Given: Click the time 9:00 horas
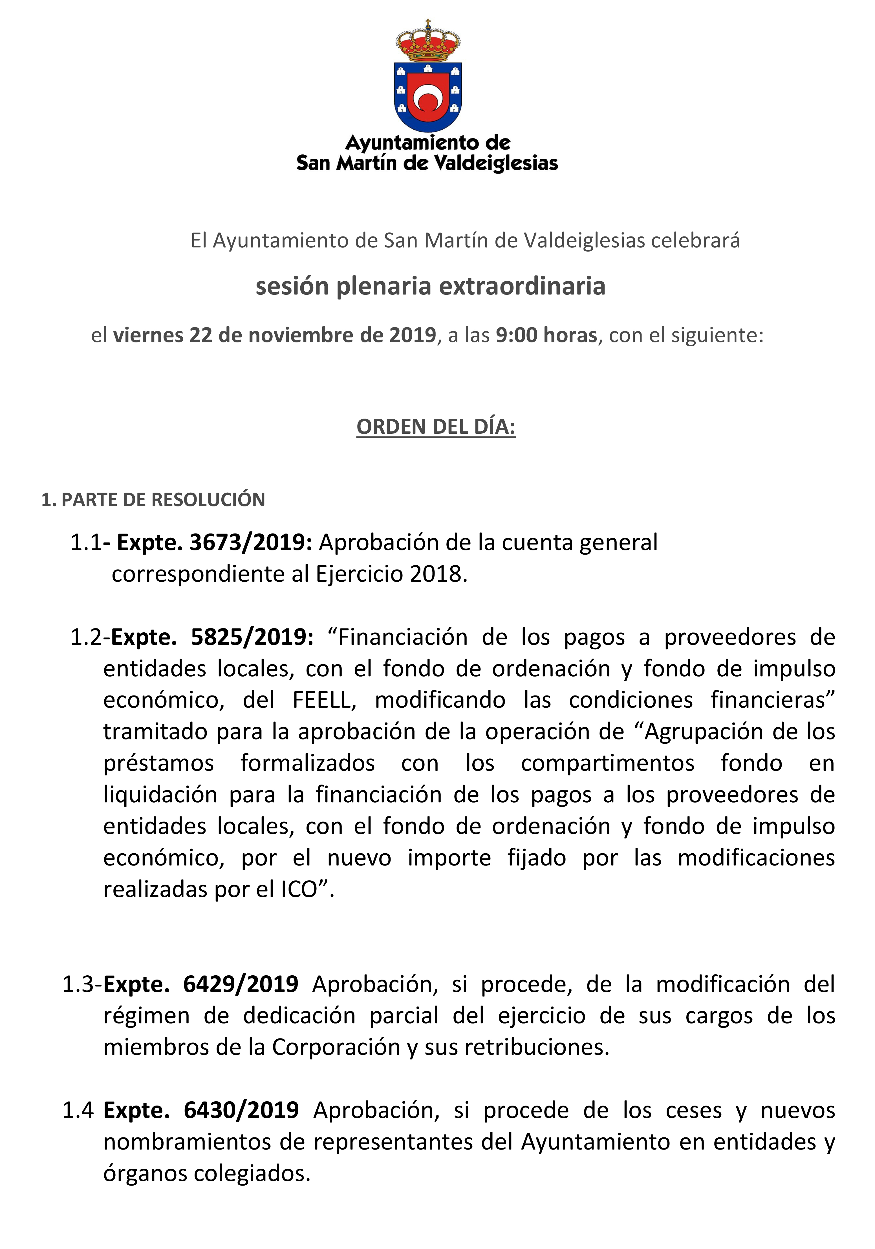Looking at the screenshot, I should click(546, 335).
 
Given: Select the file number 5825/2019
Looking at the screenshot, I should click(252, 637).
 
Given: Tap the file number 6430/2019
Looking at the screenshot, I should click(241, 1110).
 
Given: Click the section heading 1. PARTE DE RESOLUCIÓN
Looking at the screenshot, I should click(153, 499).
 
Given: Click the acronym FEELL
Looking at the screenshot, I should click(324, 700).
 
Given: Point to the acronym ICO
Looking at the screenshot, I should click(299, 889).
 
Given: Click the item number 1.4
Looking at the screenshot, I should click(78, 1110).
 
